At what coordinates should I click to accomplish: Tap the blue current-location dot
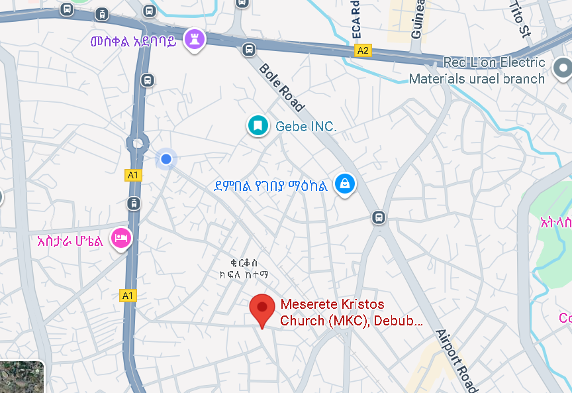[166, 159]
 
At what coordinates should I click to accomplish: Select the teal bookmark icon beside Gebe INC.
[258, 125]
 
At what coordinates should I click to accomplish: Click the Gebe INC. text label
[306, 126]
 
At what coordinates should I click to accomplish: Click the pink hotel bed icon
[120, 237]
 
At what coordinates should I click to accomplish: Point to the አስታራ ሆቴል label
[70, 241]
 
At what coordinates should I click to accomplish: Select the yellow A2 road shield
[363, 50]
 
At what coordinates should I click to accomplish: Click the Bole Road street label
[282, 87]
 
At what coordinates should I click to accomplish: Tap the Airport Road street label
[456, 360]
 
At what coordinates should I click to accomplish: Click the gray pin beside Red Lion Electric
[563, 68]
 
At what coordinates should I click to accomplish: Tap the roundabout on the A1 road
[137, 142]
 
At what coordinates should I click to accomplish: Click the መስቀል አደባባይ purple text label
[134, 42]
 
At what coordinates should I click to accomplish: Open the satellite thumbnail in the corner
[21, 378]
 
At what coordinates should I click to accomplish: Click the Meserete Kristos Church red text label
[351, 313]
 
